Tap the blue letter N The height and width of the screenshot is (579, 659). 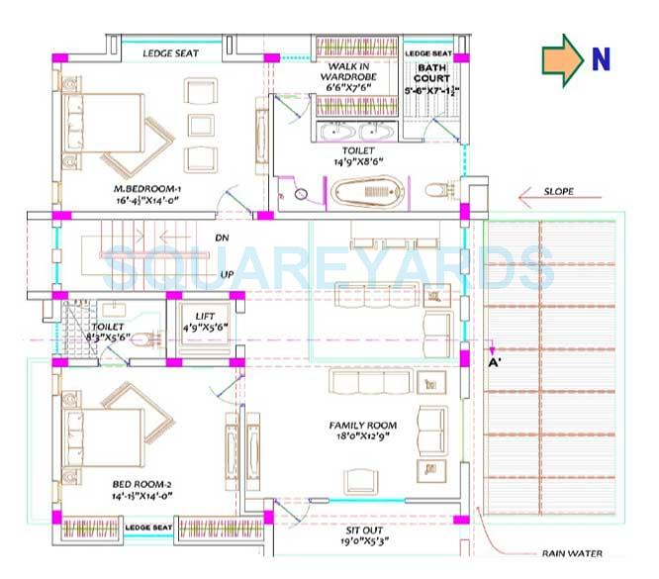[600, 58]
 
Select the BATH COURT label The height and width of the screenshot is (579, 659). [431, 72]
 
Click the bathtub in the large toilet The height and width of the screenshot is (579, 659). [367, 190]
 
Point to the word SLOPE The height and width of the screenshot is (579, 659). [559, 191]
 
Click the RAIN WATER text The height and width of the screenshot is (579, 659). [571, 554]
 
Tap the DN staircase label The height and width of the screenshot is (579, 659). [224, 239]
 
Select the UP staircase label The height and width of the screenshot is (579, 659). [225, 273]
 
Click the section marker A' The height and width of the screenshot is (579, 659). [496, 362]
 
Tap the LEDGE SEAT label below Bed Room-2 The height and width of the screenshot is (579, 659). [149, 529]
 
